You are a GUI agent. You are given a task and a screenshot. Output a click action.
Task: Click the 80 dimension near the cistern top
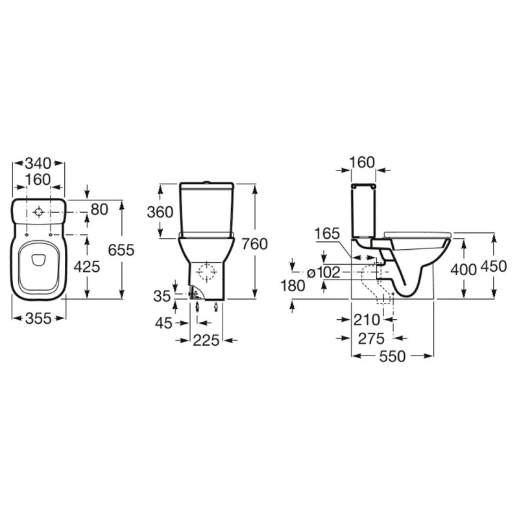(99, 209)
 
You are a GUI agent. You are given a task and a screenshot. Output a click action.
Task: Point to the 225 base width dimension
(205, 340)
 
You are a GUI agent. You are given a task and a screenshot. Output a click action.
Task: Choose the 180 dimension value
(293, 286)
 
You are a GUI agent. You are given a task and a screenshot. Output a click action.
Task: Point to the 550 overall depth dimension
(393, 356)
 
